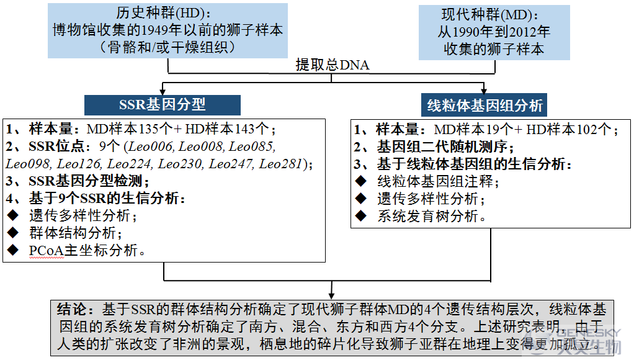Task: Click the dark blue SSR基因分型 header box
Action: coord(162,105)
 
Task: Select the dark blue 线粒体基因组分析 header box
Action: coord(484,105)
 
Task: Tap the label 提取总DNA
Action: coord(333,65)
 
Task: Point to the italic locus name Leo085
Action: coord(251,146)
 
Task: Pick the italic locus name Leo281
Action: coord(280,163)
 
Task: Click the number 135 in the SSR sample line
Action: coord(148,128)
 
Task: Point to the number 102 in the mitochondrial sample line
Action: coord(587,130)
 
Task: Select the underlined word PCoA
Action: coord(47,250)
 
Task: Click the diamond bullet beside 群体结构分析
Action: coord(13,233)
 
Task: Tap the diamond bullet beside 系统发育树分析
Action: coord(360,215)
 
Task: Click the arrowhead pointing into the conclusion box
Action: coord(331,295)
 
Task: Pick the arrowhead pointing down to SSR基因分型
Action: coord(163,91)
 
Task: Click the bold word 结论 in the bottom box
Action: coord(72,310)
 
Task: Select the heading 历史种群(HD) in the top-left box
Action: coord(163,13)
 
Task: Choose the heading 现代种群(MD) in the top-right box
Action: coord(490,15)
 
